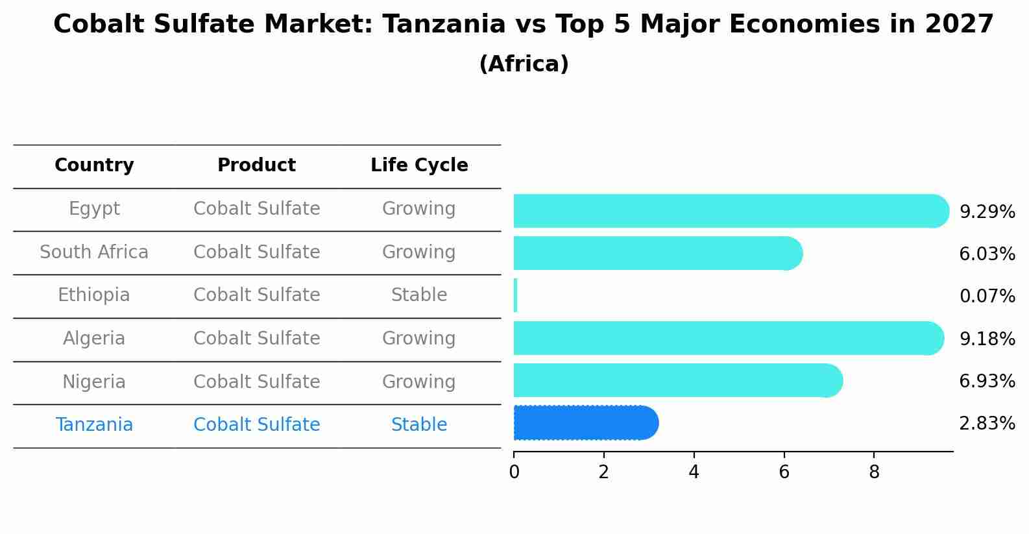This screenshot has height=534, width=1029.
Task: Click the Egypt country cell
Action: coord(94,209)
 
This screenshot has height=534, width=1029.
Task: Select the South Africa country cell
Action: coord(94,252)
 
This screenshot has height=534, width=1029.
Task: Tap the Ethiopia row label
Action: coord(94,295)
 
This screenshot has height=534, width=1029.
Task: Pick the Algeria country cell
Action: coord(94,339)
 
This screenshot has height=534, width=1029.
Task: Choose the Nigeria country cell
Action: coord(94,382)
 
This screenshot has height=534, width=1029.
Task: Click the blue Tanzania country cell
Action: coord(94,425)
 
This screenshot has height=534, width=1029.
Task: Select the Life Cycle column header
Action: coord(419,165)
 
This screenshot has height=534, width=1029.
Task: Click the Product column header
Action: coord(256,165)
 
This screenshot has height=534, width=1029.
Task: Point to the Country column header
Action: coord(94,165)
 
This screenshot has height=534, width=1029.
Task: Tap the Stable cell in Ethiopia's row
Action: coord(419,295)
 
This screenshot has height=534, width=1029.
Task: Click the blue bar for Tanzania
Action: coord(584,423)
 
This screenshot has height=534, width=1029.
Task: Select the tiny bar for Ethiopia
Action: coord(516,295)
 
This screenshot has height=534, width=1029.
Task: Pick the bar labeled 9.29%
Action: coord(727,211)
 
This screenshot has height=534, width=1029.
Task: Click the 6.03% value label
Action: coord(987,254)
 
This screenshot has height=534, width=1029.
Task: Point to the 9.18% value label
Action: coord(987,339)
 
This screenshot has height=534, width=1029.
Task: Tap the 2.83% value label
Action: coord(987,424)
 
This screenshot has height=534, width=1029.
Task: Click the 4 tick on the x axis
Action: coord(694,472)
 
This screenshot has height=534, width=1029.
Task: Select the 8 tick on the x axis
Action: coord(874,472)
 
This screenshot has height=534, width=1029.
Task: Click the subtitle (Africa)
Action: coord(524,64)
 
